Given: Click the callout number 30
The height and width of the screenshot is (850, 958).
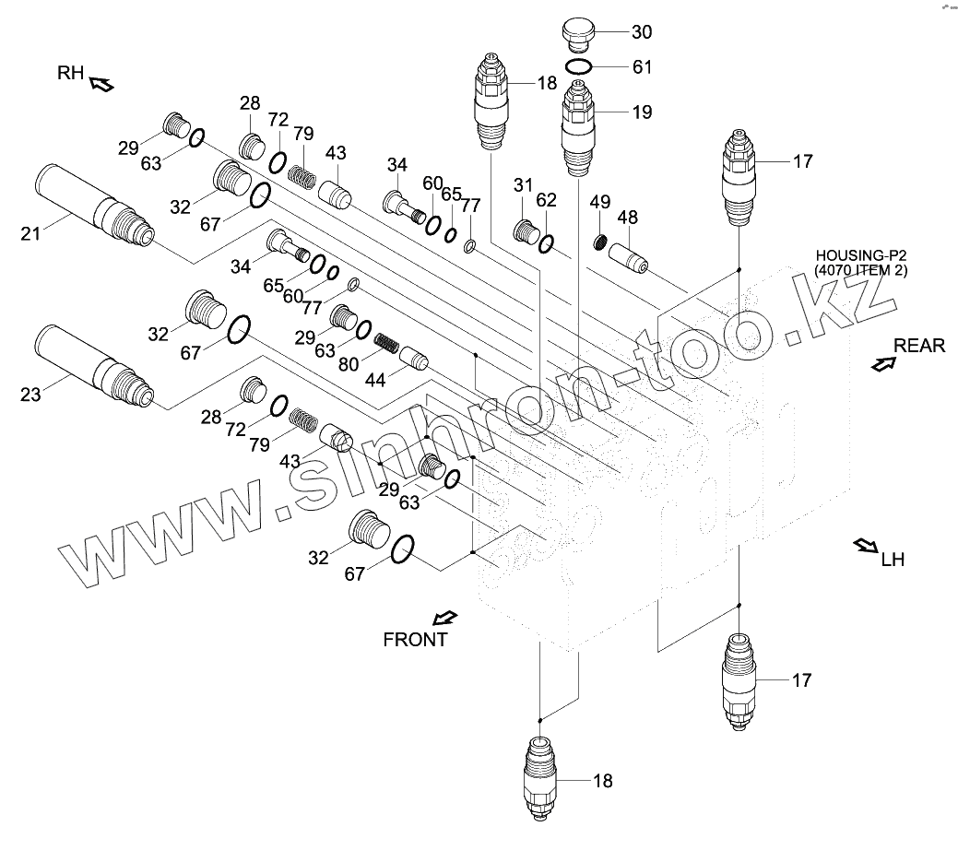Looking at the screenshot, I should point(642,32).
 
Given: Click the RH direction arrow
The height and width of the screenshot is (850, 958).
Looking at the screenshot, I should point(101,85).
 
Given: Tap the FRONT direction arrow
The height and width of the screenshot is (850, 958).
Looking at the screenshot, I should point(444,618).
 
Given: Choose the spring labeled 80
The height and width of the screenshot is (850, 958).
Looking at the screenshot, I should point(386,346).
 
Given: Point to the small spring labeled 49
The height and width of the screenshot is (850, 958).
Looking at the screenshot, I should point(598,243).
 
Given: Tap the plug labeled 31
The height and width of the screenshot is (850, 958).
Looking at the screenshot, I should point(527,230).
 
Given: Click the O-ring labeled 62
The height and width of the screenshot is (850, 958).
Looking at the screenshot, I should point(547,244).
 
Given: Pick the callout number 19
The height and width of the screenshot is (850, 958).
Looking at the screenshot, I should point(642,112).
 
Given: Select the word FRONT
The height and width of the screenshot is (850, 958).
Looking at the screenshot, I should point(415,640).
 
